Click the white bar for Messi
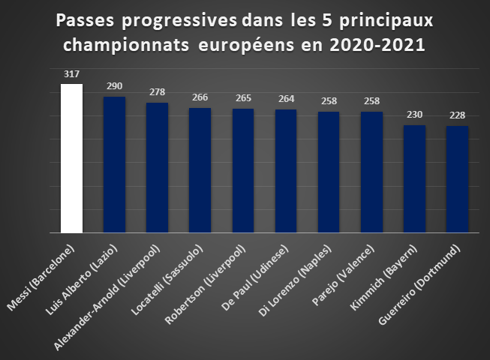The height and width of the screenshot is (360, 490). pyautogui.click(x=71, y=158)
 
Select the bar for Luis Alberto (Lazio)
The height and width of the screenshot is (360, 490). pyautogui.click(x=114, y=165)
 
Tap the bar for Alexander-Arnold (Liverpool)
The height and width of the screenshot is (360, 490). pyautogui.click(x=157, y=168)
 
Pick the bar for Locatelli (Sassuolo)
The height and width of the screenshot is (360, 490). pyautogui.click(x=200, y=170)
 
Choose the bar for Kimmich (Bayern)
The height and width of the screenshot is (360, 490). pyautogui.click(x=415, y=179)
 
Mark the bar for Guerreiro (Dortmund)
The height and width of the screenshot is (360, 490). pyautogui.click(x=457, y=179)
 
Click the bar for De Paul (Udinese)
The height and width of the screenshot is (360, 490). pyautogui.click(x=286, y=171)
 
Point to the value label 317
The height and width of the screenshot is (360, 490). pyautogui.click(x=71, y=74)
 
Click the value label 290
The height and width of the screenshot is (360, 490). pyautogui.click(x=114, y=86)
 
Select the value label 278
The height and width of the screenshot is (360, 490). pyautogui.click(x=157, y=92)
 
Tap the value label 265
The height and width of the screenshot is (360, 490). pyautogui.click(x=243, y=98)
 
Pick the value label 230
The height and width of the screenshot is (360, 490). pyautogui.click(x=415, y=115)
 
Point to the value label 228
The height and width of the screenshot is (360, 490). pyautogui.click(x=457, y=115)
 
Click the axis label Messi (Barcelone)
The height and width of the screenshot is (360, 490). pyautogui.click(x=41, y=277)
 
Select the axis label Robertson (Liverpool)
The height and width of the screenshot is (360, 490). pyautogui.click(x=206, y=284)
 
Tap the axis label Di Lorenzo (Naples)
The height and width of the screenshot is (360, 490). pyautogui.click(x=295, y=280)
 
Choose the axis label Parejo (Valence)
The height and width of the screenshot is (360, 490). pyautogui.click(x=343, y=275)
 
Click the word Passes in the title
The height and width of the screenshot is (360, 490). pyautogui.click(x=85, y=20)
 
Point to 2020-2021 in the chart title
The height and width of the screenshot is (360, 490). pyautogui.click(x=377, y=45)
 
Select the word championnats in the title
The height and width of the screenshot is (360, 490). pyautogui.click(x=126, y=45)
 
